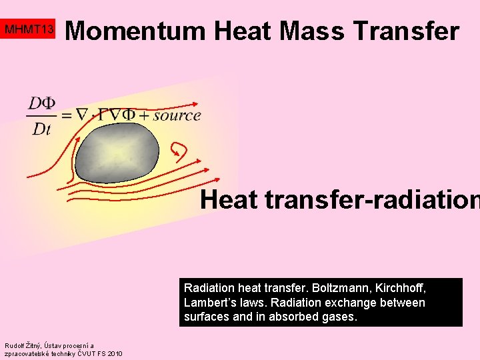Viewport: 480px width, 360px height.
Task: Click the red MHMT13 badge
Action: (x=29, y=30)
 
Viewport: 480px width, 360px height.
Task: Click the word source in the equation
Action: (x=177, y=115)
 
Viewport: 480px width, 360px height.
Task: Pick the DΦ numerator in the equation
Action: (x=41, y=103)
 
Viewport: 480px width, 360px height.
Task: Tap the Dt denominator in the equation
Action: (x=41, y=129)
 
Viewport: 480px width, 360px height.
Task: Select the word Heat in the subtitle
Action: (x=228, y=199)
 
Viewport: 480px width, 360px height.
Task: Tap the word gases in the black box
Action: (x=339, y=317)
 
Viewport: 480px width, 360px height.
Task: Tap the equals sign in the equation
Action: (x=67, y=115)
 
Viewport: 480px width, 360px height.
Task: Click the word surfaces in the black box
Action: (x=206, y=317)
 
